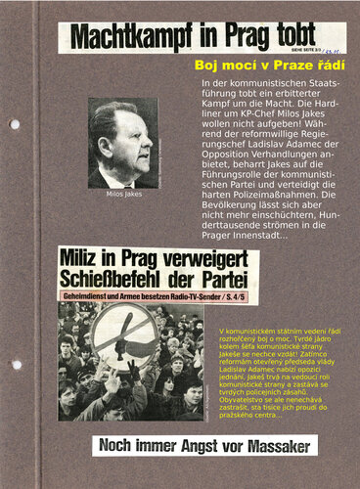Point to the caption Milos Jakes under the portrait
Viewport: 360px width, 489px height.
tap(124, 194)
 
